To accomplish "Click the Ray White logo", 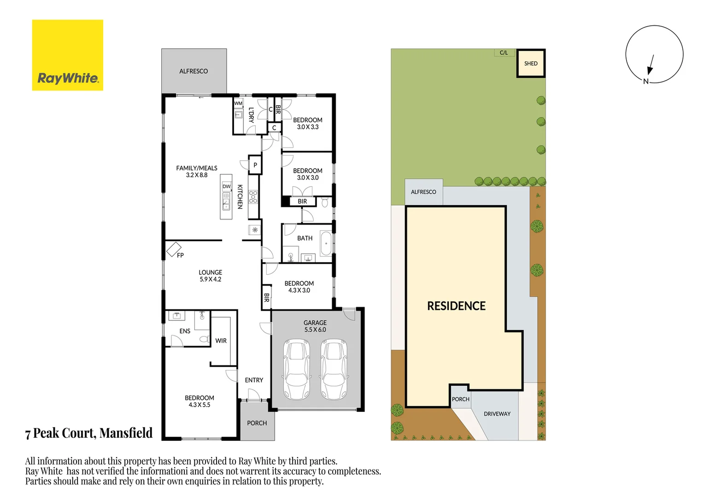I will click(68, 55).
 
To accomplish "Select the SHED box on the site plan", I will click(531, 64).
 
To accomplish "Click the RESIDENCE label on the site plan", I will click(456, 306).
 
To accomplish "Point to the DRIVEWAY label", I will click(497, 414).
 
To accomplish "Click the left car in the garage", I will click(296, 369).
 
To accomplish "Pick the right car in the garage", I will click(334, 369).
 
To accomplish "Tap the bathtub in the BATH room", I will click(326, 243).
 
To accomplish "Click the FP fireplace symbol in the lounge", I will click(174, 249).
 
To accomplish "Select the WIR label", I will click(221, 341).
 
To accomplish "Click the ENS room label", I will click(185, 331).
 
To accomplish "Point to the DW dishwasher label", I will click(226, 187).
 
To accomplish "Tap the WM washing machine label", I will click(238, 104).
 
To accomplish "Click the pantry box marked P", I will click(255, 165).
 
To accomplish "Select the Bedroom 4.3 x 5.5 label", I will click(199, 401).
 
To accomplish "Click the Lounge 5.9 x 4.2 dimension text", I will click(210, 279).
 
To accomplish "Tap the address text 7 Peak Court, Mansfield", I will click(89, 433).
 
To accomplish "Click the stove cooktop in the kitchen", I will click(253, 197).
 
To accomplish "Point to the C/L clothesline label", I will click(504, 53).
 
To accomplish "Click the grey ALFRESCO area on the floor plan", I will click(194, 71).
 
